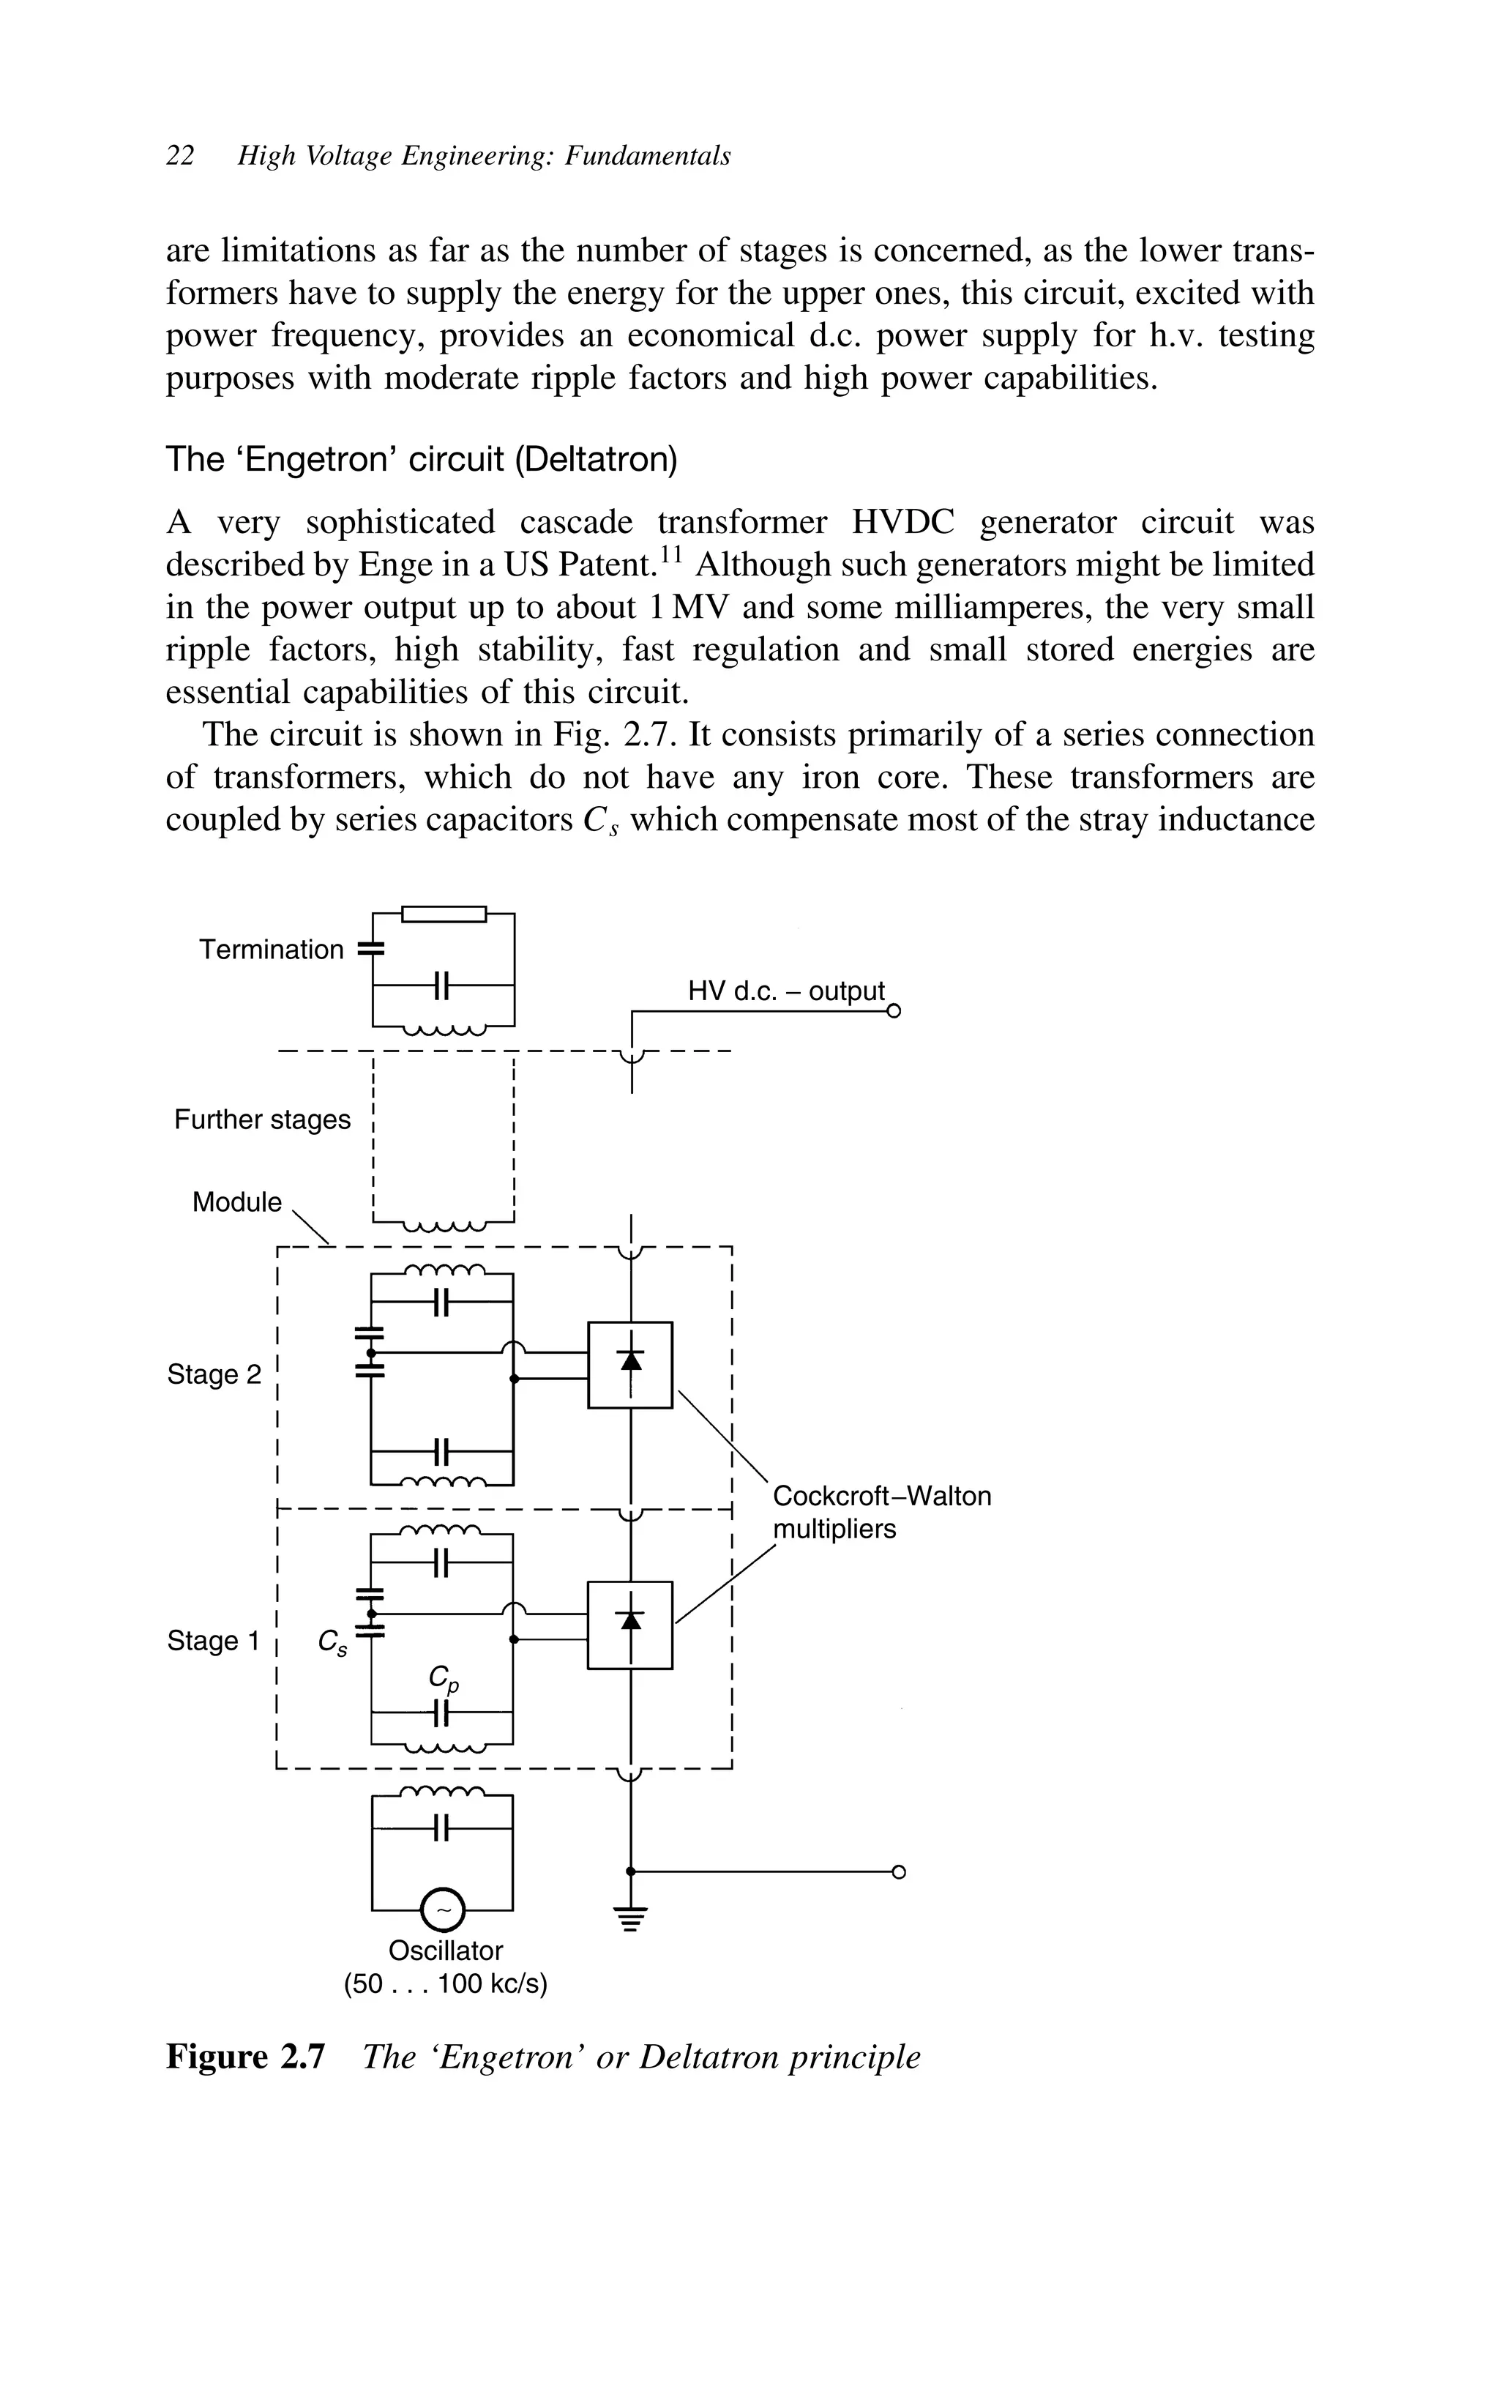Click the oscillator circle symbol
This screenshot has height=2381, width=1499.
pyautogui.click(x=443, y=1910)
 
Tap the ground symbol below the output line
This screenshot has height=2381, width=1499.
pyautogui.click(x=631, y=1916)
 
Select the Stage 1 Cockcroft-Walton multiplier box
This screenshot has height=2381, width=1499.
pyautogui.click(x=630, y=1625)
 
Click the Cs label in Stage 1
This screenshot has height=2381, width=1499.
pyautogui.click(x=332, y=1644)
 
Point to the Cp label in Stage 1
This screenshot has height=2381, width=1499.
pyautogui.click(x=443, y=1678)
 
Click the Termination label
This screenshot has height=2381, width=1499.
pyautogui.click(x=271, y=949)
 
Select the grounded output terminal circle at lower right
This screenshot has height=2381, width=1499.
pyautogui.click(x=898, y=1871)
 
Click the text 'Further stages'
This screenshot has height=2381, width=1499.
pyautogui.click(x=262, y=1119)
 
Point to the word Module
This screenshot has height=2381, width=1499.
pyautogui.click(x=236, y=1201)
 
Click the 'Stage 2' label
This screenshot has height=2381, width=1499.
pyautogui.click(x=214, y=1374)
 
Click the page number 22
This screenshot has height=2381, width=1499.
pyautogui.click(x=180, y=156)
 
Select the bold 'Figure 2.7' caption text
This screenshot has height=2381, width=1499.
pyautogui.click(x=244, y=2057)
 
